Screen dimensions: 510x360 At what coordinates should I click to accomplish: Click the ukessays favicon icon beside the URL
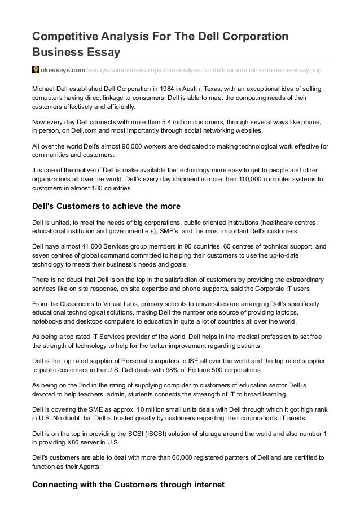[36, 69]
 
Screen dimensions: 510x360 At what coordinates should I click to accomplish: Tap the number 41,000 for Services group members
[91, 246]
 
